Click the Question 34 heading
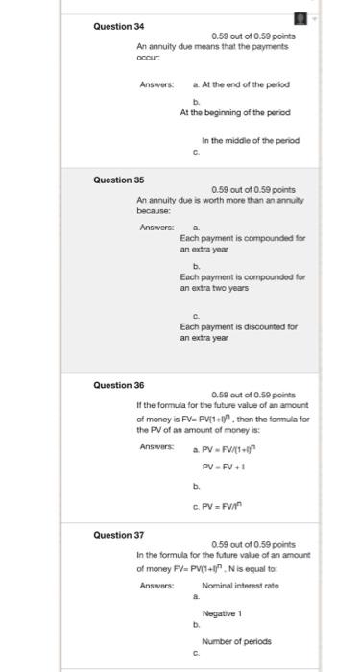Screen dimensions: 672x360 tap(118, 26)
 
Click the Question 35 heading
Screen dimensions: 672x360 tap(118, 179)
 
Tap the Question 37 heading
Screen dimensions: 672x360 tap(118, 535)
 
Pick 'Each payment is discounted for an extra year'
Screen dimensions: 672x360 tap(238, 332)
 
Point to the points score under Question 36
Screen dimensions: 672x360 tap(252, 395)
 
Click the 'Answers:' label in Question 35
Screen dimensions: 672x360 tap(156, 228)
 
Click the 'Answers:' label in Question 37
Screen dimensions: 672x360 tap(156, 586)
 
